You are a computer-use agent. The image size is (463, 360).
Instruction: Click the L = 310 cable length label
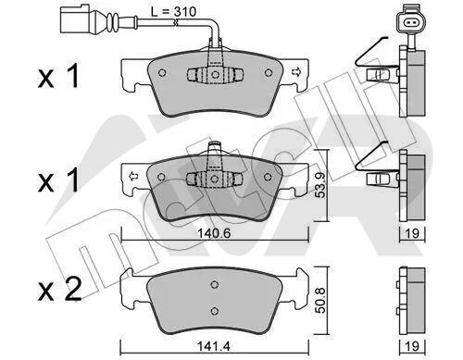[173, 12]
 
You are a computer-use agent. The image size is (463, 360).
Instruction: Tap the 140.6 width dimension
[214, 233]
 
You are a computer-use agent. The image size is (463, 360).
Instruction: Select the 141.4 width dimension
[214, 346]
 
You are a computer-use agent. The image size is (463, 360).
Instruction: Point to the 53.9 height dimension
[320, 185]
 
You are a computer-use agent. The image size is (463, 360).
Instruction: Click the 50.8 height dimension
[320, 301]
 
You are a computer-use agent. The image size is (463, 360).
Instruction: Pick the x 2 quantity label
[60, 290]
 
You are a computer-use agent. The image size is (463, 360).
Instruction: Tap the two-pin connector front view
[411, 22]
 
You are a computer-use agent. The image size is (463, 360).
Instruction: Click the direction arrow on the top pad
[295, 72]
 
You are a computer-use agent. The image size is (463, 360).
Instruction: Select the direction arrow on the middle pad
[133, 177]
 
